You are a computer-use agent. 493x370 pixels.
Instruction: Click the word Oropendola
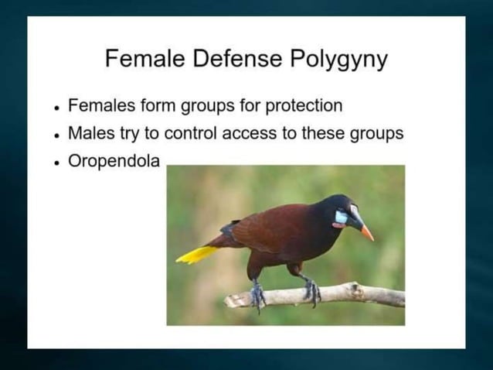(x=114, y=163)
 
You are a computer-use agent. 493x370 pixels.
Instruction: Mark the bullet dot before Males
(x=58, y=134)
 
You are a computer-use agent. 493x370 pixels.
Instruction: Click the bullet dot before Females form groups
(x=58, y=106)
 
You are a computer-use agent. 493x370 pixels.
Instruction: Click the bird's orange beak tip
(x=368, y=234)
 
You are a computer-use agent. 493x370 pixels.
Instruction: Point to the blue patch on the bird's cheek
(x=341, y=218)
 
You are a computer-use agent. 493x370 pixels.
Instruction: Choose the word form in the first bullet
(x=149, y=104)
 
